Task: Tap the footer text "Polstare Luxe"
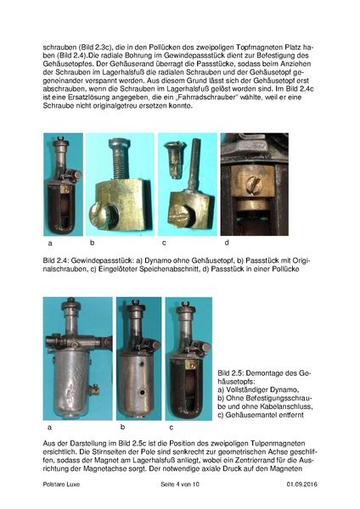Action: [61, 484]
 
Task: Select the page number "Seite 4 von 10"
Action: [180, 484]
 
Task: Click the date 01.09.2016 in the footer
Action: [302, 484]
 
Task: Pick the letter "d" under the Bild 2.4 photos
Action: [227, 243]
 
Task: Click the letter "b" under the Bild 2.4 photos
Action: [93, 243]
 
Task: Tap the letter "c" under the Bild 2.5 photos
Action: [172, 428]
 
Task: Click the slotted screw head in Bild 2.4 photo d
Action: [254, 184]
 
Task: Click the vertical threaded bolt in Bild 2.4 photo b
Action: [120, 159]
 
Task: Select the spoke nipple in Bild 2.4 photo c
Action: [174, 159]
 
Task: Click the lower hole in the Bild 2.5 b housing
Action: [142, 392]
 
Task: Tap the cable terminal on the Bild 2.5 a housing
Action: [94, 389]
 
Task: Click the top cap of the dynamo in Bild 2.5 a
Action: [70, 304]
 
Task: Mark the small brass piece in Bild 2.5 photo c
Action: [190, 365]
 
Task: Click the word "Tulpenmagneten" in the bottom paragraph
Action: [278, 444]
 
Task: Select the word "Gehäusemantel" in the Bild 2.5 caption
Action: [251, 415]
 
